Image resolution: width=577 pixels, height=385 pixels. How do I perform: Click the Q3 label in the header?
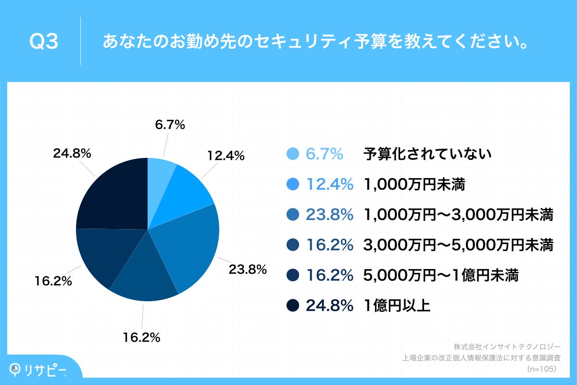(x=44, y=41)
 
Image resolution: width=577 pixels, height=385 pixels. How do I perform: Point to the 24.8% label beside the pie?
(x=72, y=154)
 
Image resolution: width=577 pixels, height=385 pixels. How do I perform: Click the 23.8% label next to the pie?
(x=247, y=269)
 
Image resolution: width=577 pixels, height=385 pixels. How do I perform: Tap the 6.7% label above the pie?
(x=170, y=125)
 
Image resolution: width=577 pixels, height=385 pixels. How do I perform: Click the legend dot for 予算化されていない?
(x=293, y=154)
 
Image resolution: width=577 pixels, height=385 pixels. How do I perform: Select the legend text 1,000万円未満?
(x=414, y=184)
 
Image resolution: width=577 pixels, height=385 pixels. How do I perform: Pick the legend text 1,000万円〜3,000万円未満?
(x=459, y=215)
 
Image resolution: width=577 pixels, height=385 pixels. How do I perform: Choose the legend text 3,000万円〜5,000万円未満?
(x=459, y=245)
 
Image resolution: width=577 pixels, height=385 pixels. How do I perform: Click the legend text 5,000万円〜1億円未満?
(x=441, y=275)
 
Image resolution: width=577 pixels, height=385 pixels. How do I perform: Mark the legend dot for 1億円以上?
(x=293, y=306)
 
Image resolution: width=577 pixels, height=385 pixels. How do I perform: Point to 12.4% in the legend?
(x=330, y=184)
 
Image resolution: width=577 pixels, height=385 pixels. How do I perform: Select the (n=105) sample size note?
(x=541, y=369)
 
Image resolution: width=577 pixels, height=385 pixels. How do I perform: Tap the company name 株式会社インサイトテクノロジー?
(x=507, y=346)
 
